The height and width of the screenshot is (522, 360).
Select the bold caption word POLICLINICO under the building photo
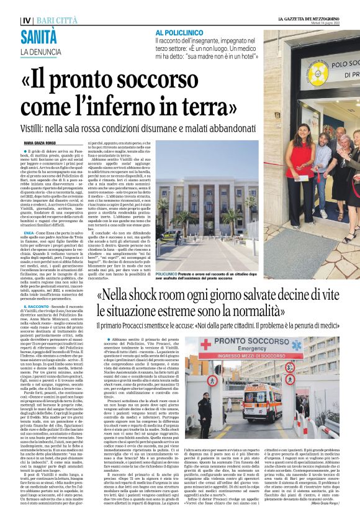[x=169, y=256]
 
